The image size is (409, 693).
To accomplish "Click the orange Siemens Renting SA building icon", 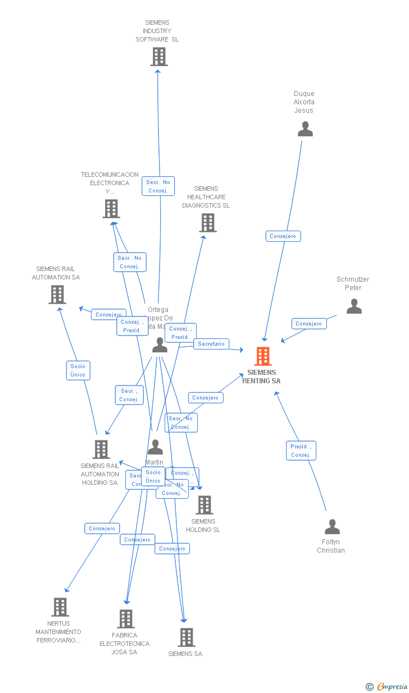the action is tap(262, 356).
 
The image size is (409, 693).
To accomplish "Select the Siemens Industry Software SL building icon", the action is tap(159, 57).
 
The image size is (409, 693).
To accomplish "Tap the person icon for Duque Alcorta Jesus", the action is tap(305, 129).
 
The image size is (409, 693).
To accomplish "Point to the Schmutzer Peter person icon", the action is tap(354, 306).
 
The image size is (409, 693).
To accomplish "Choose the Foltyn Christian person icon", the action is tap(332, 527).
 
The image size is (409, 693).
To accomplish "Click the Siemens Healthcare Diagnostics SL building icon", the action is tap(208, 223).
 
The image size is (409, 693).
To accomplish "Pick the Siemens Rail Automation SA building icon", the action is tap(57, 295).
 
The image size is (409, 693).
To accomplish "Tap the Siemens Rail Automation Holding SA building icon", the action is tap(101, 449).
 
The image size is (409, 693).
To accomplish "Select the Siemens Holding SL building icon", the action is tap(204, 505).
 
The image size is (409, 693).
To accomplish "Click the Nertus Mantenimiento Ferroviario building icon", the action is tap(60, 607).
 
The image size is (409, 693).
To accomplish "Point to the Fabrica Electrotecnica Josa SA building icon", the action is tap(126, 619).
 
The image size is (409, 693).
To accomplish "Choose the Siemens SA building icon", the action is tap(187, 637).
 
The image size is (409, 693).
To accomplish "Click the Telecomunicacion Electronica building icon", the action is tap(111, 209).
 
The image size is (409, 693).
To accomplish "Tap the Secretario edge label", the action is tap(211, 344).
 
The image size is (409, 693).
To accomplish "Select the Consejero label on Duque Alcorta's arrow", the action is tap(283, 236).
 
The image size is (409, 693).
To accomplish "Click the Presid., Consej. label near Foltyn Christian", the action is tap(301, 451).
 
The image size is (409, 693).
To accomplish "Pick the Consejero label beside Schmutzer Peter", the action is tap(309, 324).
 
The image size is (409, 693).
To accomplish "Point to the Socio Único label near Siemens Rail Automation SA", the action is tap(78, 370).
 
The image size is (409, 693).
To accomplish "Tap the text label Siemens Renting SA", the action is tap(261, 377).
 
